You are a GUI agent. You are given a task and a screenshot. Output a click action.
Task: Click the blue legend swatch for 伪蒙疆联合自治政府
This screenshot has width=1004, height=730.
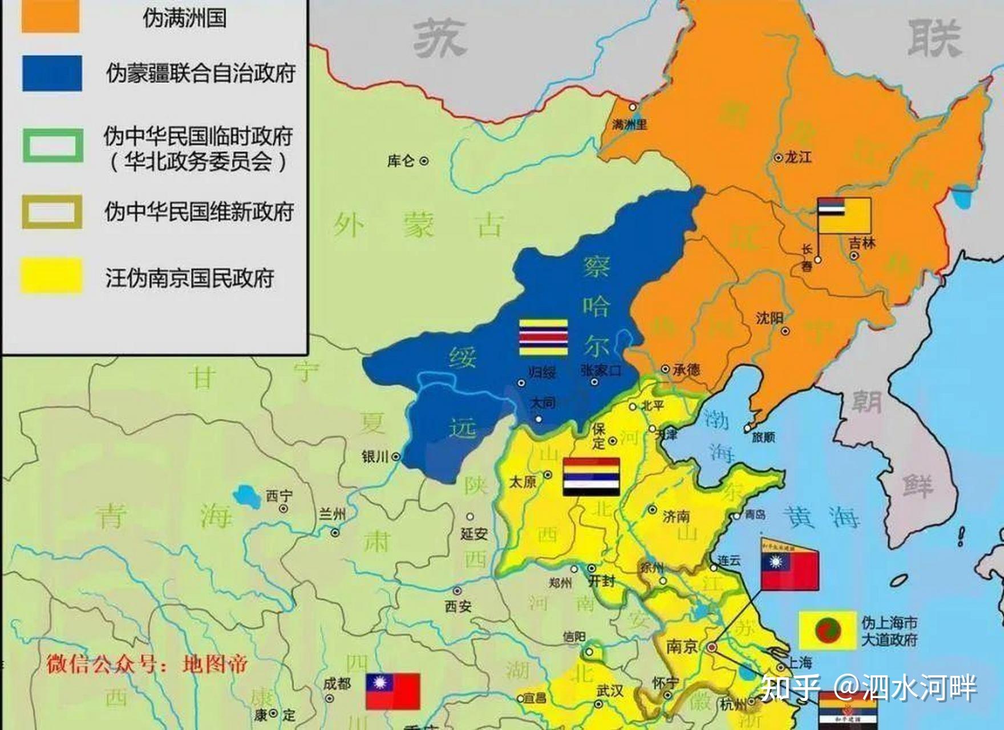[x=52, y=73]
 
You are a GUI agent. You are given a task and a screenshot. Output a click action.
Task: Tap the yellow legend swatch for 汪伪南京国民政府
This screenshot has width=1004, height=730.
[x=52, y=276]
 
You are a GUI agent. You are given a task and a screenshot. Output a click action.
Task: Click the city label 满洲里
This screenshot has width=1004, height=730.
[x=629, y=124]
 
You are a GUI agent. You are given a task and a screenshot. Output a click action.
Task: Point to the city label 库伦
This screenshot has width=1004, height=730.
[x=401, y=161]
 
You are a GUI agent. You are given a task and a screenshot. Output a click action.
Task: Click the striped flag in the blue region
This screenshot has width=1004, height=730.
[x=543, y=337]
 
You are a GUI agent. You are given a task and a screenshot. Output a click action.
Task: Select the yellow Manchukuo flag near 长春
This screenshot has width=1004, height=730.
[x=844, y=216]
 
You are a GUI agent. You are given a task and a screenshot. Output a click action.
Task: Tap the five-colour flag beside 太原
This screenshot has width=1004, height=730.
[x=591, y=476]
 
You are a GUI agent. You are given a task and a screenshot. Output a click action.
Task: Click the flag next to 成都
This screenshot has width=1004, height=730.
[x=393, y=691]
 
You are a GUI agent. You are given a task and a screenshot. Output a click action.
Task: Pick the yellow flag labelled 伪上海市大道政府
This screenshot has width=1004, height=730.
[x=827, y=630]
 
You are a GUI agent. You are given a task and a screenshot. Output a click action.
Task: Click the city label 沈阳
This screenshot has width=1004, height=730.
[x=770, y=318]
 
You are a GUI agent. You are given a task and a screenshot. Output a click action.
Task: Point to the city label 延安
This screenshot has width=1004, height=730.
[x=474, y=534]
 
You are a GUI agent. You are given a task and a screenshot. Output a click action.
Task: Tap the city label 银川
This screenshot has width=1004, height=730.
[x=375, y=457]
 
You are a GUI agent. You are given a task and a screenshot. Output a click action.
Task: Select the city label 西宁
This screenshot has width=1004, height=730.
[x=279, y=496]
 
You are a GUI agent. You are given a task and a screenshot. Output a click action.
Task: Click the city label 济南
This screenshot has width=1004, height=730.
[x=677, y=517]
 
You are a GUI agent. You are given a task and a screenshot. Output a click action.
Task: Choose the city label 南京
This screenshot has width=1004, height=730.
[x=682, y=646]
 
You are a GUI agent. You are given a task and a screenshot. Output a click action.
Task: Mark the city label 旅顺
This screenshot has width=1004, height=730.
[x=763, y=437]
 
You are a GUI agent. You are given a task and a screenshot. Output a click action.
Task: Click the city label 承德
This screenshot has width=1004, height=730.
[x=686, y=370]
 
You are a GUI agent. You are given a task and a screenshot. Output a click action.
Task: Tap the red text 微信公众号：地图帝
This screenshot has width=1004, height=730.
[x=147, y=664]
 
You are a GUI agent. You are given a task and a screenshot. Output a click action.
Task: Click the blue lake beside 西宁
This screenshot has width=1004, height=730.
[x=248, y=493]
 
